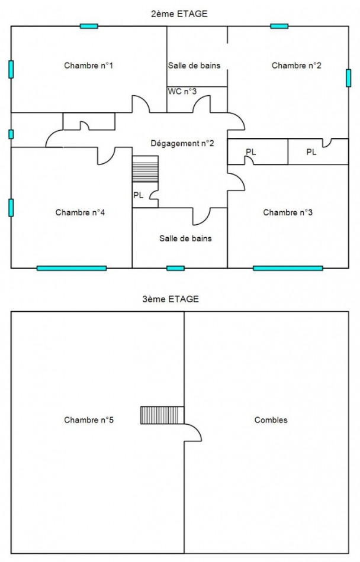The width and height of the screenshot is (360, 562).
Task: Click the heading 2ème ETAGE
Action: pos(179,14)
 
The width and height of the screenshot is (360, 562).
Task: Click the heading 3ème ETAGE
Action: pos(171,299)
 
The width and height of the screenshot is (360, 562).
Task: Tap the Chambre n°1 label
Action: pos(89,65)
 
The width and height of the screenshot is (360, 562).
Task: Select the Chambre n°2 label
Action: pos(297,65)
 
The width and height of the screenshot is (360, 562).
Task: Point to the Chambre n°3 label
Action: pos(288,212)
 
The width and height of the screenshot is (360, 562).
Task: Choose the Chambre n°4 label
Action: pos(80,212)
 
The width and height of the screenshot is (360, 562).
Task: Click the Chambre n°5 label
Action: pos(89,419)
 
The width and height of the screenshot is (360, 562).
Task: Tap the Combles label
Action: pos(271,419)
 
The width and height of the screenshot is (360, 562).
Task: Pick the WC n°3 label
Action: pos(182,91)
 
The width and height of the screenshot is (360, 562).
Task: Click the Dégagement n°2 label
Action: pos(182,143)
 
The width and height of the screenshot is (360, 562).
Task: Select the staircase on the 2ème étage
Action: pos(145,169)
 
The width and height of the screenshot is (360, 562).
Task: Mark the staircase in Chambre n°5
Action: pos(162,415)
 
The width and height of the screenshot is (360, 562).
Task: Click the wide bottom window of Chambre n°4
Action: pos(72,268)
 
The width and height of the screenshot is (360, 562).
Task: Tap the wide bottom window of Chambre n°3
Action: pos(288,268)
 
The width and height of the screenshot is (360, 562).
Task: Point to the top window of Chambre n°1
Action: pos(89,26)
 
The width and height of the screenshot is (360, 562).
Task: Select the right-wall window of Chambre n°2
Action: pos(348,77)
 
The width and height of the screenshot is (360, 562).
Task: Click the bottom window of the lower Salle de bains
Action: pos(176,268)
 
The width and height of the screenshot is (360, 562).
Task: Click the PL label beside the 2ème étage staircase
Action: pos(139,195)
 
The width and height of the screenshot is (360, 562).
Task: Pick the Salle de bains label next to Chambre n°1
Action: pos(194,65)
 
